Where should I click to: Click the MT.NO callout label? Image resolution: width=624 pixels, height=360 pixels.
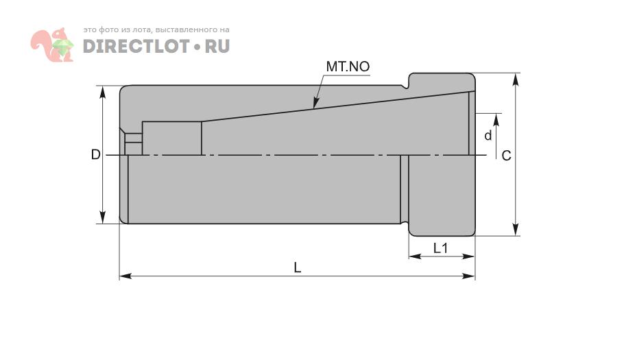click(x=348, y=67)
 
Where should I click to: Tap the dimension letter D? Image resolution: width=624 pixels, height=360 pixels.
click(x=95, y=154)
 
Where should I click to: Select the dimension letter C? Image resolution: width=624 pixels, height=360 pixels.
click(x=506, y=156)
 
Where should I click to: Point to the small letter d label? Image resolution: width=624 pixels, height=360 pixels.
click(x=488, y=135)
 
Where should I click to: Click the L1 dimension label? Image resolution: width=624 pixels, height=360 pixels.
click(x=440, y=248)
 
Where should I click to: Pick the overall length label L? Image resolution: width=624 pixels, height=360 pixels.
click(x=298, y=267)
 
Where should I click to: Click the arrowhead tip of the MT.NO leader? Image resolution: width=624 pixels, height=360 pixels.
click(x=313, y=108)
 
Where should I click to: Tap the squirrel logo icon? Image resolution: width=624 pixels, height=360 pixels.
click(x=52, y=45)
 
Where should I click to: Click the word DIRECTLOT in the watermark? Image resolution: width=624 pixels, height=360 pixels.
click(x=136, y=46)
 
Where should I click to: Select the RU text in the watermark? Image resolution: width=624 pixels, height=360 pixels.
click(x=217, y=46)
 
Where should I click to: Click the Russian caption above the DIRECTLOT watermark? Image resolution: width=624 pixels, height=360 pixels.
click(x=156, y=30)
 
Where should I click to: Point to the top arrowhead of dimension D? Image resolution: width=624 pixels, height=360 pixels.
click(x=103, y=86)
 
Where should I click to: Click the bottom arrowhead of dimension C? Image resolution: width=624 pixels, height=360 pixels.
click(x=516, y=235)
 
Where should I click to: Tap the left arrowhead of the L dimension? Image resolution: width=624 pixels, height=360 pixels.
click(x=120, y=276)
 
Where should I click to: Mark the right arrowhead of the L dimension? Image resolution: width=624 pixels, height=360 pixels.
click(x=475, y=276)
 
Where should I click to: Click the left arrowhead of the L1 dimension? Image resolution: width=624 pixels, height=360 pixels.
click(x=409, y=256)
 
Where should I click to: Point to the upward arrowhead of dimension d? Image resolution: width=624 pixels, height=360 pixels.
click(x=496, y=114)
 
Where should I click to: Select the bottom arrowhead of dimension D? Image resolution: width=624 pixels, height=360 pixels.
click(x=103, y=223)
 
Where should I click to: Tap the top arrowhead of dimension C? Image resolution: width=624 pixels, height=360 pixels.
click(x=516, y=74)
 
